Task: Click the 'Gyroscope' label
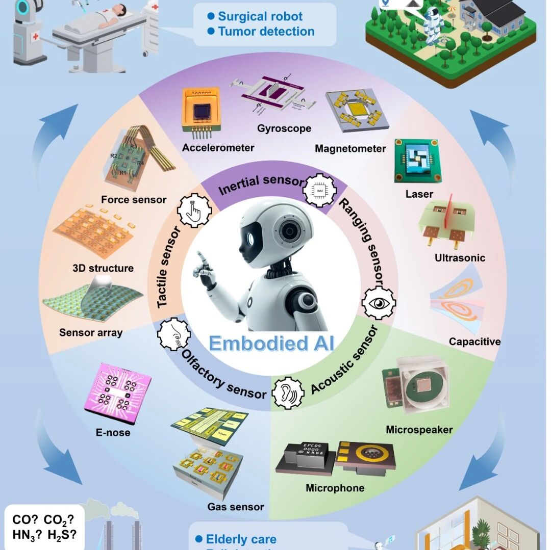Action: tap(284, 128)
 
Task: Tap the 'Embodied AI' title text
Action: tap(271, 343)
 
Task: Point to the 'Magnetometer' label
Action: tap(350, 149)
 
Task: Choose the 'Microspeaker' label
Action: tap(419, 430)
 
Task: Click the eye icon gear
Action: tap(379, 303)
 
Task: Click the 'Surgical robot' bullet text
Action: tap(260, 16)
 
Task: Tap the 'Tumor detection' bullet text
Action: tap(266, 31)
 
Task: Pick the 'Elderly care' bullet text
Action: tap(241, 539)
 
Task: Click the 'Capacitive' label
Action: tap(474, 342)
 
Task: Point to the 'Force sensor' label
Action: tap(134, 199)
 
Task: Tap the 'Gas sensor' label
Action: tap(236, 507)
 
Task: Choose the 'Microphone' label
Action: tap(335, 488)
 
